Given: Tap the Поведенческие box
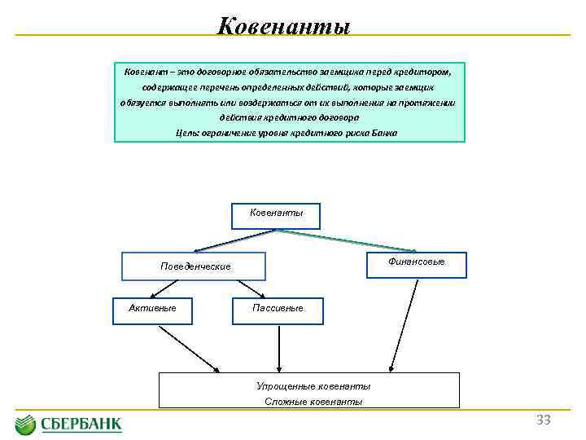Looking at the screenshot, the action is click(195, 266).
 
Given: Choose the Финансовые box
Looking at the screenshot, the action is click(417, 263).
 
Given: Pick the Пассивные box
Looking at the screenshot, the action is click(278, 309).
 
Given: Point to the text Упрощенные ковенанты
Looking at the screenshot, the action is click(313, 386).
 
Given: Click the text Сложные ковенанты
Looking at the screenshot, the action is click(313, 401).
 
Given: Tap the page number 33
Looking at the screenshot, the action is click(543, 420).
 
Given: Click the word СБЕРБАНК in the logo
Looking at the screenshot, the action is click(81, 424).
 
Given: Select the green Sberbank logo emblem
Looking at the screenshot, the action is click(25, 424).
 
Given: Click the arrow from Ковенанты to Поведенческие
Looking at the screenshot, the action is click(236, 240).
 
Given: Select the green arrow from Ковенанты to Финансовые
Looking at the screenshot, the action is click(342, 241).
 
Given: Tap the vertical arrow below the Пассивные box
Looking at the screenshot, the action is click(279, 346).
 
